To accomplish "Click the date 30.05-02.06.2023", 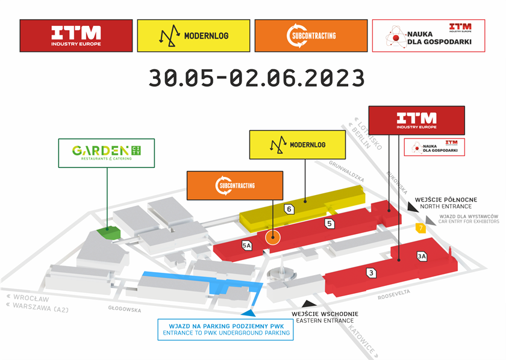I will click(257, 78).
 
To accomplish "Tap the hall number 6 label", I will click(290, 209).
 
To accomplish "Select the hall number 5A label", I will click(246, 245).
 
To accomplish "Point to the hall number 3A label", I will click(422, 256).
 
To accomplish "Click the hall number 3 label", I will click(372, 273).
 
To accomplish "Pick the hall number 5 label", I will click(329, 224).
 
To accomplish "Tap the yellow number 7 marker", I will click(420, 228).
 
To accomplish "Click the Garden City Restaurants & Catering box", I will click(107, 153).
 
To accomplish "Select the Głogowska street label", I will click(125, 310).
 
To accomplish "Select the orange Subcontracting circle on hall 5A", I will click(273, 237).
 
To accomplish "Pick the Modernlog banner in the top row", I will click(193, 36).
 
